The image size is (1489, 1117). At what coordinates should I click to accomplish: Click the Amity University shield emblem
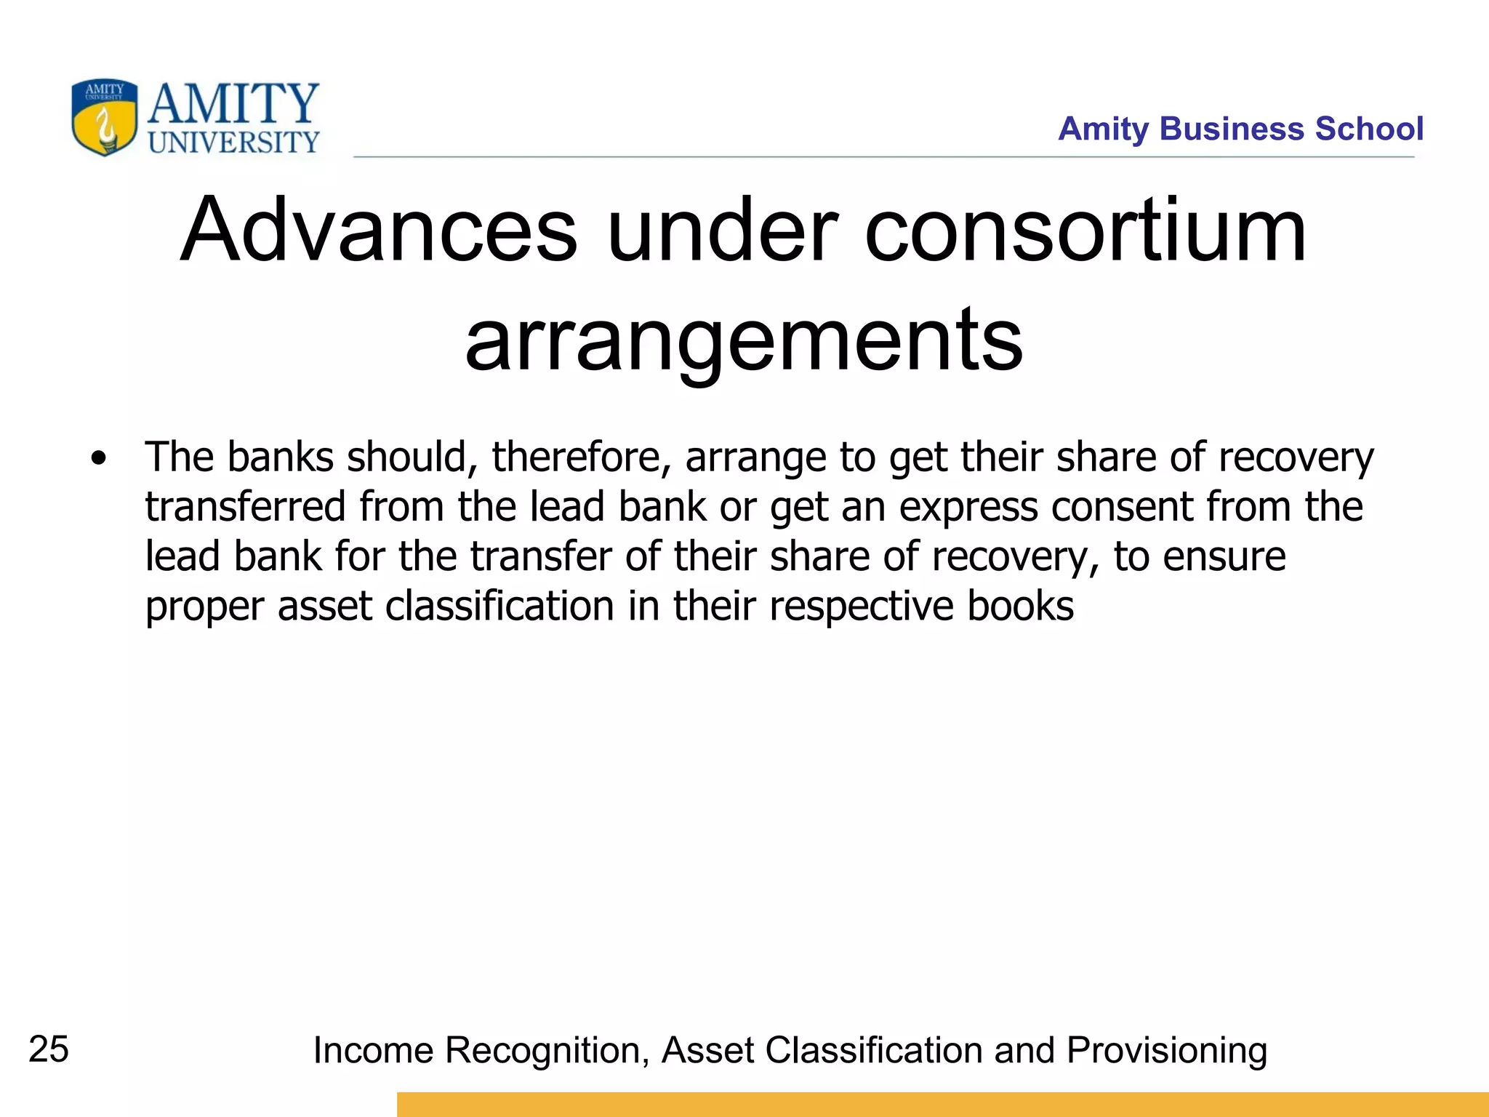[x=104, y=117]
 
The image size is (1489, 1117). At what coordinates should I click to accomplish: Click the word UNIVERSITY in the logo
[x=233, y=143]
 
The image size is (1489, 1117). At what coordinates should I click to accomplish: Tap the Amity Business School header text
[x=1240, y=129]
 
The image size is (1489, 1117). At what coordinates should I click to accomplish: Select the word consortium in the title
[x=1085, y=231]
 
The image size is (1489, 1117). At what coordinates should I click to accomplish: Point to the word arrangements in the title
[x=744, y=340]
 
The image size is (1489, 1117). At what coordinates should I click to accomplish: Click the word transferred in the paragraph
[x=245, y=507]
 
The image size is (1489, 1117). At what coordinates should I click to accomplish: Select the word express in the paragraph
[x=968, y=508]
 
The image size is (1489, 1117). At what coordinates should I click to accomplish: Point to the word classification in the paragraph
[x=499, y=606]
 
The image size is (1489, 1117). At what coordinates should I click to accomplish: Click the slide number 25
[x=49, y=1049]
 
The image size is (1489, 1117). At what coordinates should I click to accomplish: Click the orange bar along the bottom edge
[x=942, y=1104]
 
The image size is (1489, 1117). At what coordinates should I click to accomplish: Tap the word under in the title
[x=722, y=231]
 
